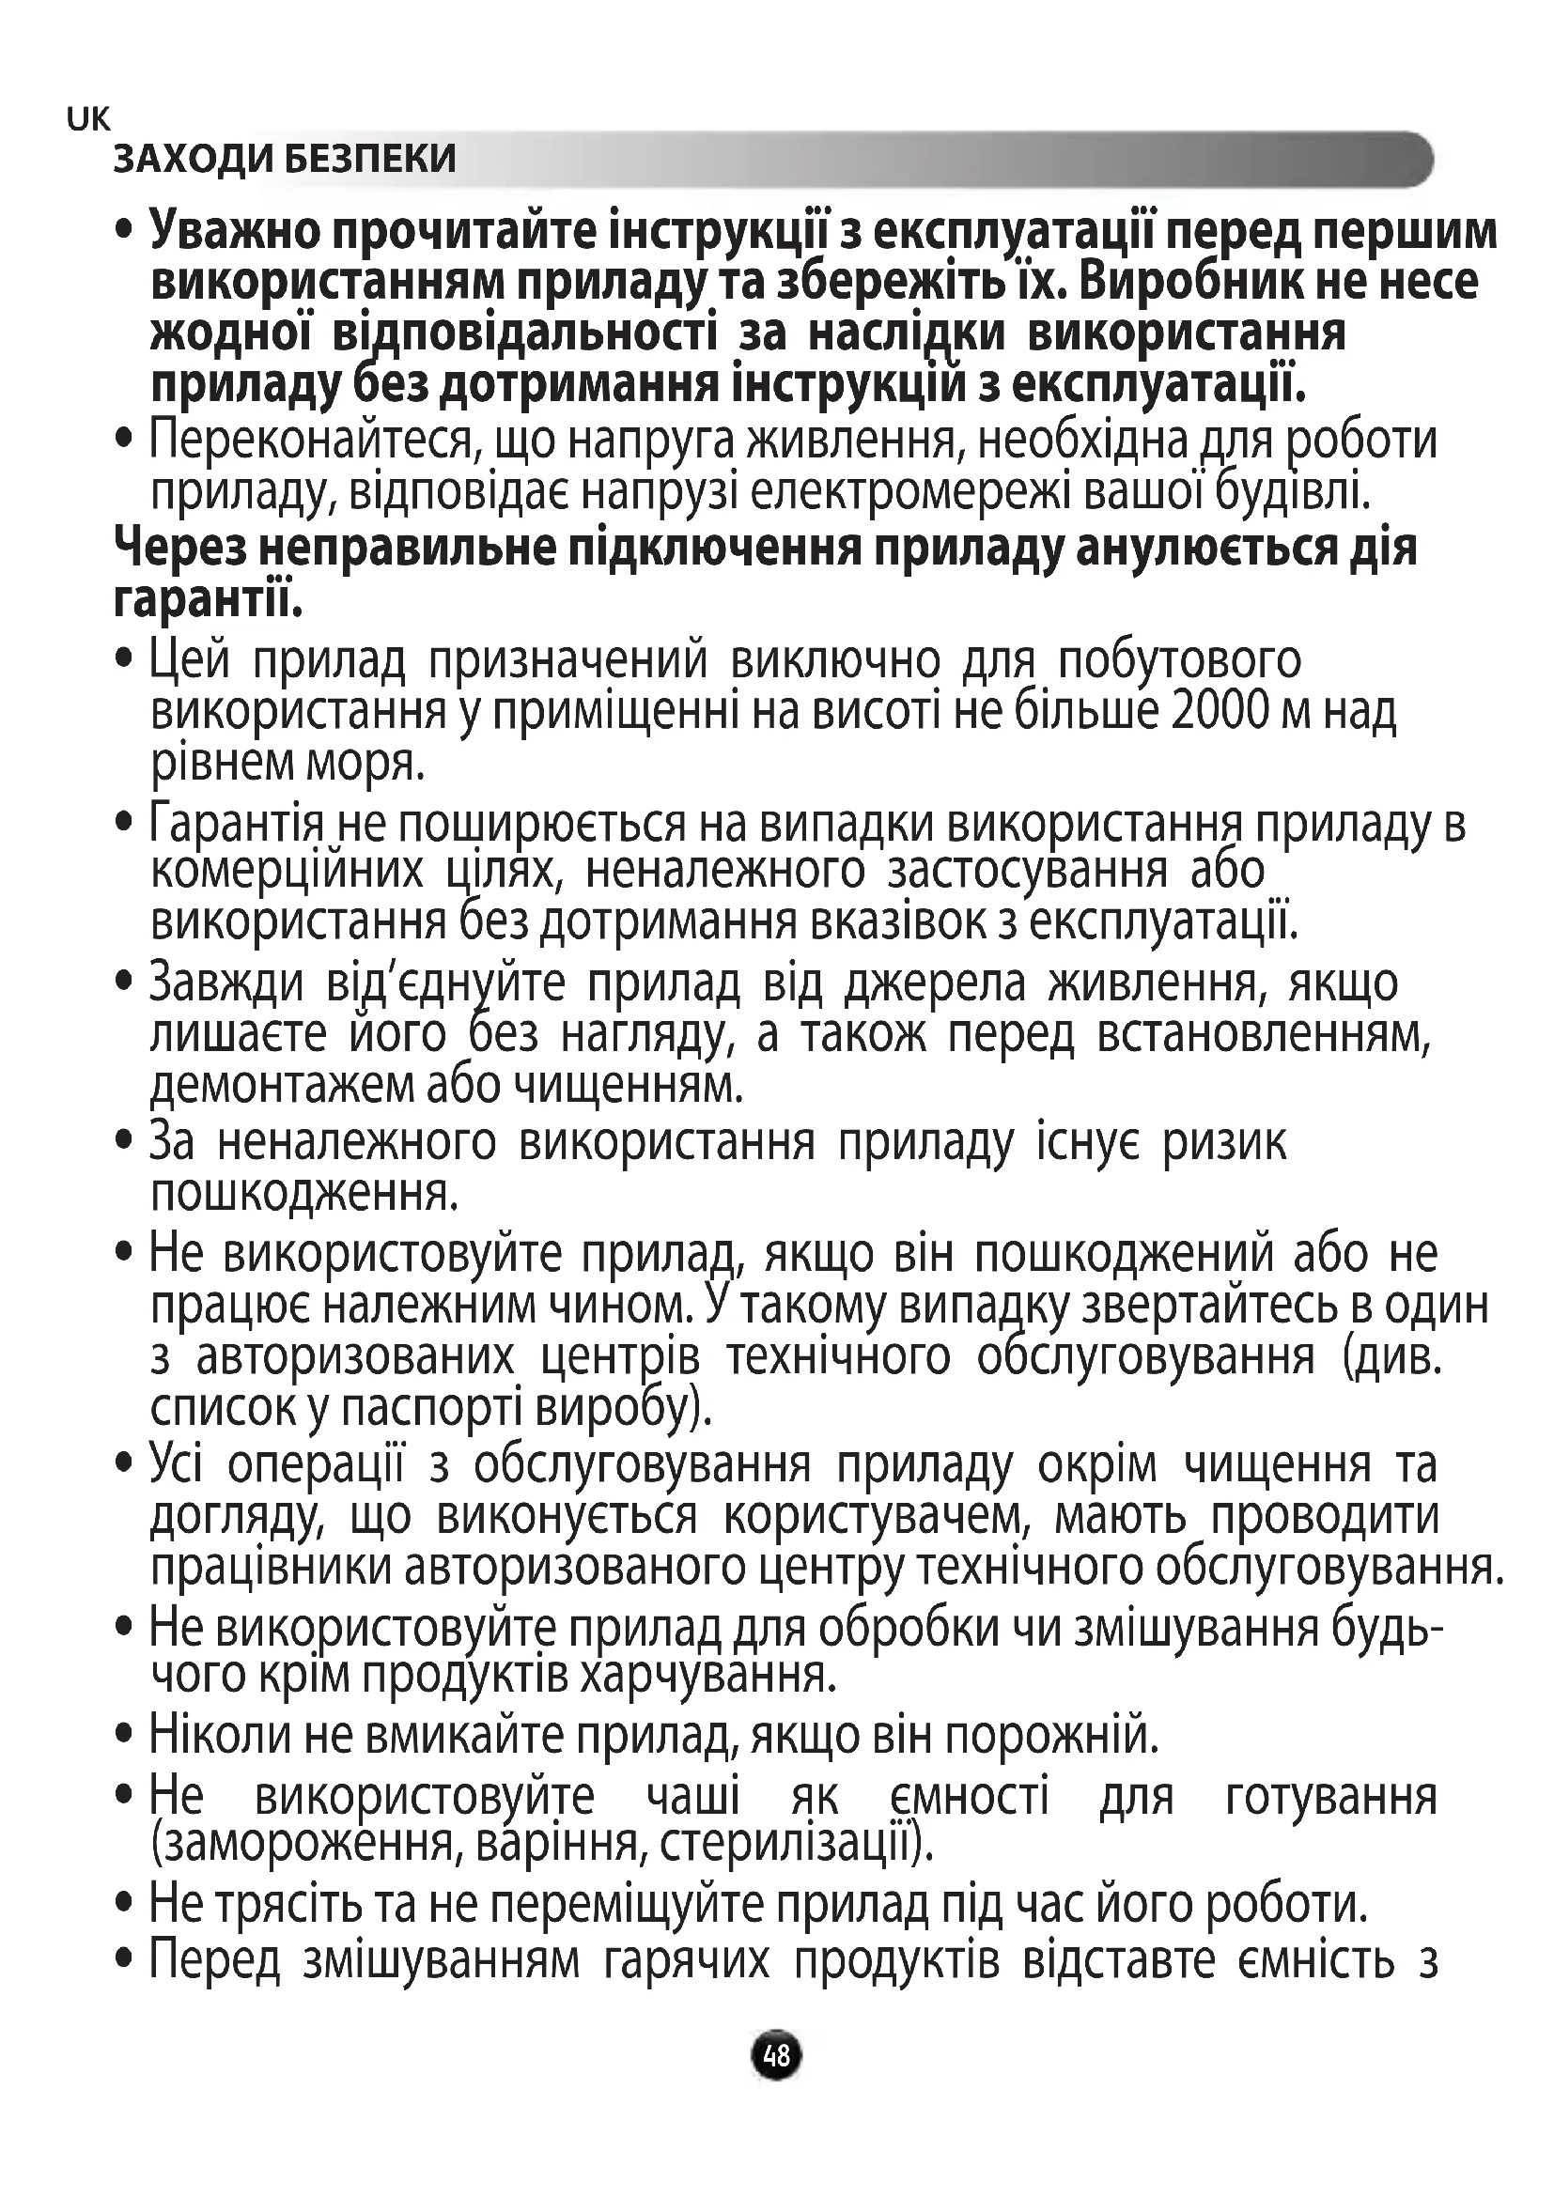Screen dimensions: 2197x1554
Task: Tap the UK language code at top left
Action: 89,119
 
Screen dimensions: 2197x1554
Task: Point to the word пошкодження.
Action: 304,1193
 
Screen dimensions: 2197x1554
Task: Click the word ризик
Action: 1225,1142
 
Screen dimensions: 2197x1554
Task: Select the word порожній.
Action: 1052,1735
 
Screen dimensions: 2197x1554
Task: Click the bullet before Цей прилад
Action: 122,660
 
